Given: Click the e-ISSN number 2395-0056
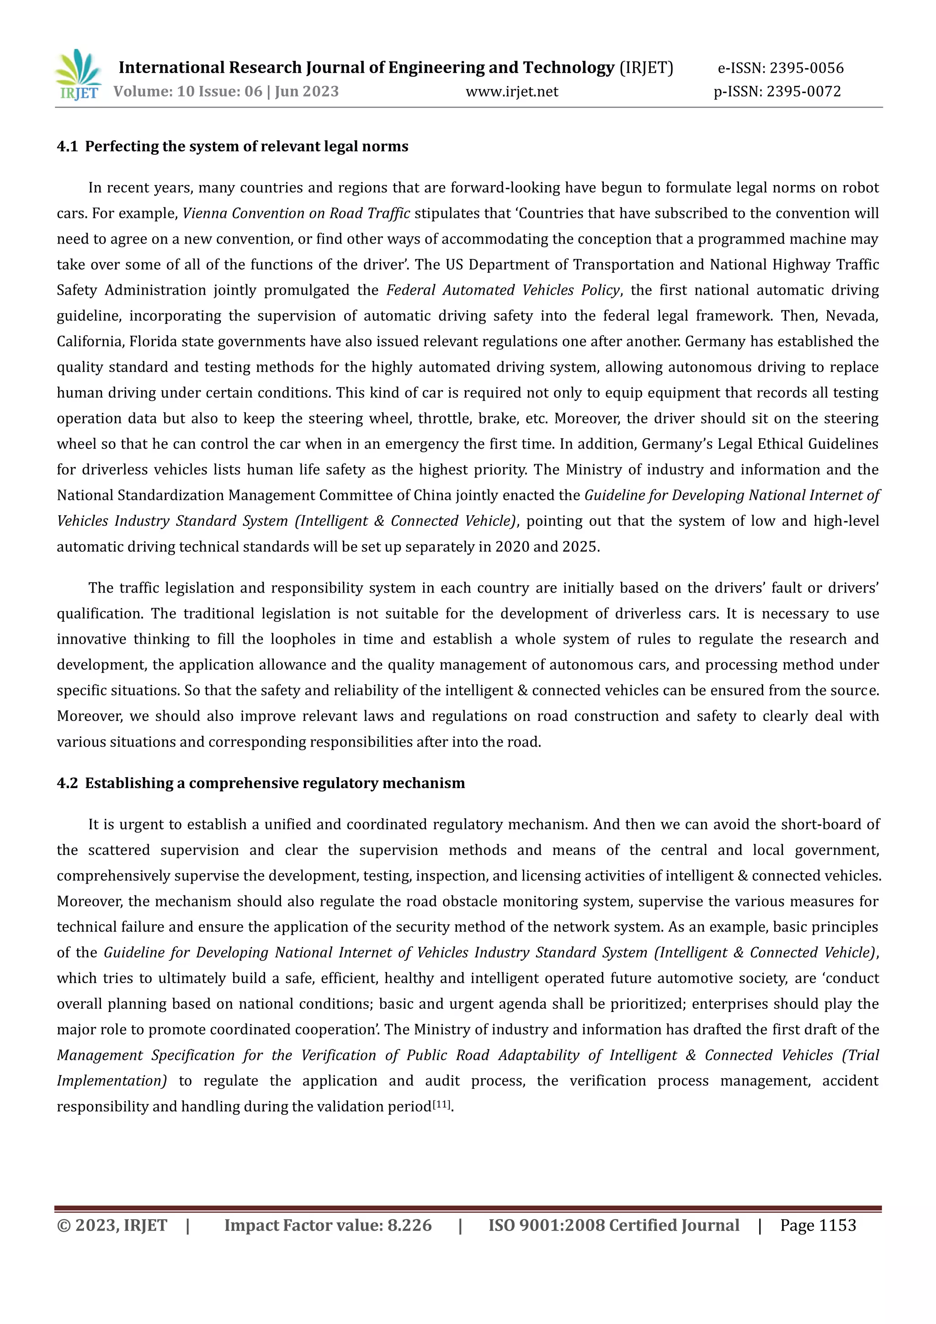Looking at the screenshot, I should (x=806, y=68).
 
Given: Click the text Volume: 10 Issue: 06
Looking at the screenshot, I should (x=187, y=91).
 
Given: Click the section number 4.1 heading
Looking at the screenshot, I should (x=67, y=147).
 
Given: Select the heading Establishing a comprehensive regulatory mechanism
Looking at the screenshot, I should (x=275, y=783).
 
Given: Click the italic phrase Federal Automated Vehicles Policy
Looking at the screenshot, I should (x=503, y=290).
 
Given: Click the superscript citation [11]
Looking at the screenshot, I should (x=442, y=1104).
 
